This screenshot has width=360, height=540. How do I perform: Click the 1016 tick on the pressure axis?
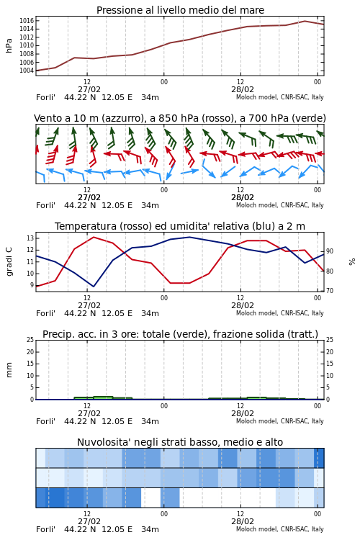[27, 21]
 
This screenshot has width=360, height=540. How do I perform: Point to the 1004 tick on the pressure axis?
[27, 71]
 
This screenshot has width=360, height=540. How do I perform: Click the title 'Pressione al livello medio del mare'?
[180, 10]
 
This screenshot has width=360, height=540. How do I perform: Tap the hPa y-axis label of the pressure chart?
[9, 45]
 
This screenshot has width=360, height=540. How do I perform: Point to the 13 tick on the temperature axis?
[30, 238]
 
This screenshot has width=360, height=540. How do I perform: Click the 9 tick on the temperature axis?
[32, 285]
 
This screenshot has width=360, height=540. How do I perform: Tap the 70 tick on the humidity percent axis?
[330, 291]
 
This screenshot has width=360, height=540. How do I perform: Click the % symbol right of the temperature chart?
[352, 262]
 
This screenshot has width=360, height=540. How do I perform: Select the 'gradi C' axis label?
[9, 261]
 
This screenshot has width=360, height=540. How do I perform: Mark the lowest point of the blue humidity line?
[94, 287]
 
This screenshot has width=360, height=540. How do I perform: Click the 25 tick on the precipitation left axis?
[30, 340]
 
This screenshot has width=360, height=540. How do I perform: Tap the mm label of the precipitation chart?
[9, 370]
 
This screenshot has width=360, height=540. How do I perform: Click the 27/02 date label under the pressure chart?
[89, 89]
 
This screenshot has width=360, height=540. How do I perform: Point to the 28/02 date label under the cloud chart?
[243, 521]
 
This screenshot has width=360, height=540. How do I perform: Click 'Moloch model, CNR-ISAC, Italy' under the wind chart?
[280, 205]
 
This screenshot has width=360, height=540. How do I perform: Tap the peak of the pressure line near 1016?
[305, 21]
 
